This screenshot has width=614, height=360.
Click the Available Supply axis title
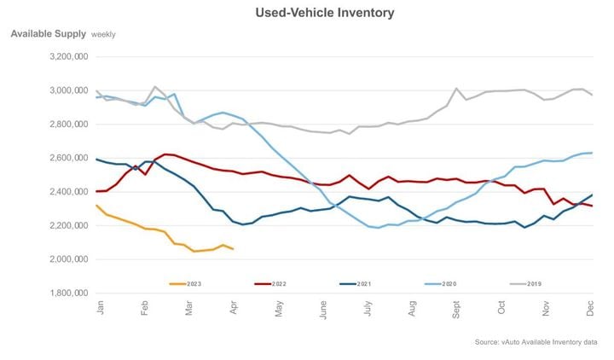48,34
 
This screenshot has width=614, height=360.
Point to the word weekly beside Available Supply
103,35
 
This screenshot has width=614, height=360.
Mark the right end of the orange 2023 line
234,249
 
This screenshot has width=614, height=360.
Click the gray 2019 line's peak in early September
457,89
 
